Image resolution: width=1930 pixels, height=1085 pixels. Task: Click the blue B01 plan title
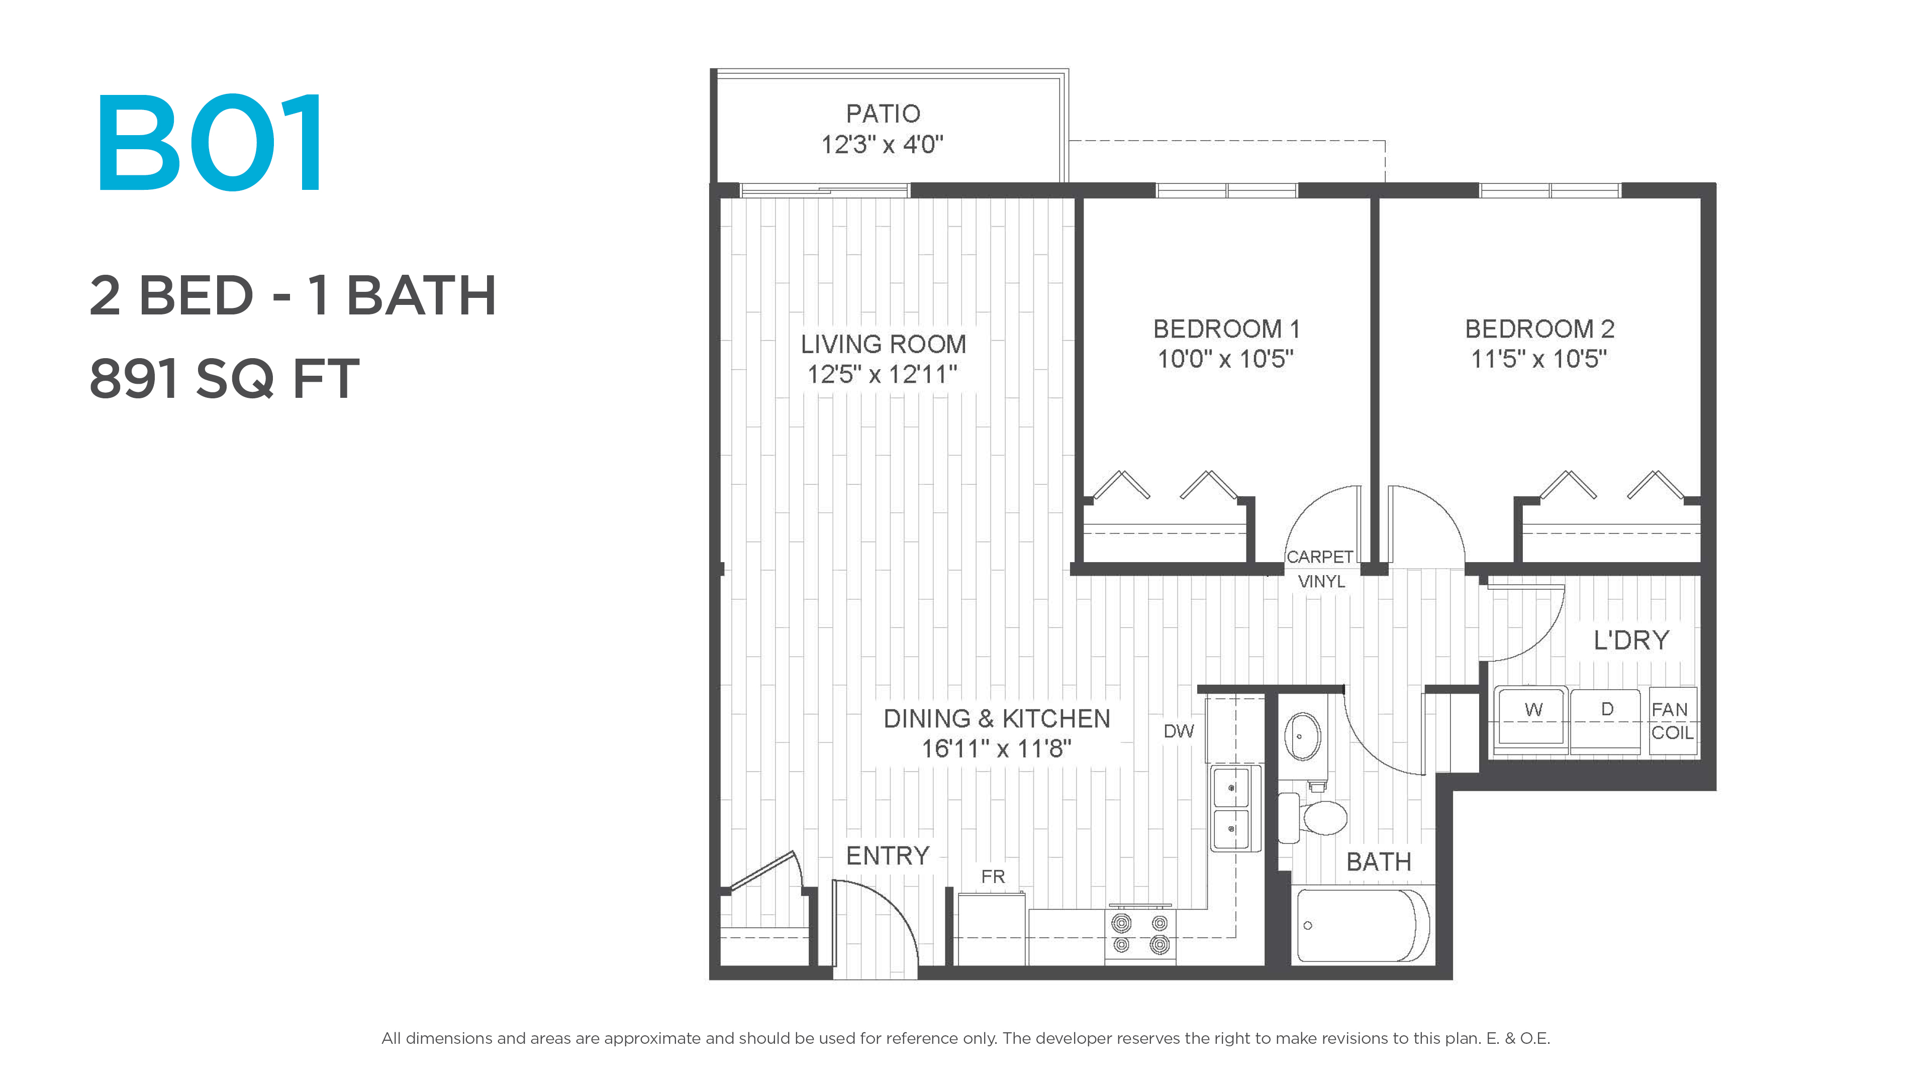[210, 142]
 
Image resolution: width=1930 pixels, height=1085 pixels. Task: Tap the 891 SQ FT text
[225, 379]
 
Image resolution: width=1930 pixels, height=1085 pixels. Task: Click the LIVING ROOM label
[884, 345]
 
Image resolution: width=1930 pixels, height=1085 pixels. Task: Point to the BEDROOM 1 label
[1226, 329]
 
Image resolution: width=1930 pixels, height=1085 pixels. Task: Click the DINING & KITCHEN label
[997, 719]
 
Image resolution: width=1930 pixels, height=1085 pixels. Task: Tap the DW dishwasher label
[1179, 731]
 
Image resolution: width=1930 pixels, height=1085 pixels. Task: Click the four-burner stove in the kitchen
[1140, 934]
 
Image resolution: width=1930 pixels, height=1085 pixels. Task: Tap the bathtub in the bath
[1363, 925]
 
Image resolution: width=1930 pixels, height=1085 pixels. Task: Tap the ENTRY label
[888, 856]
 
